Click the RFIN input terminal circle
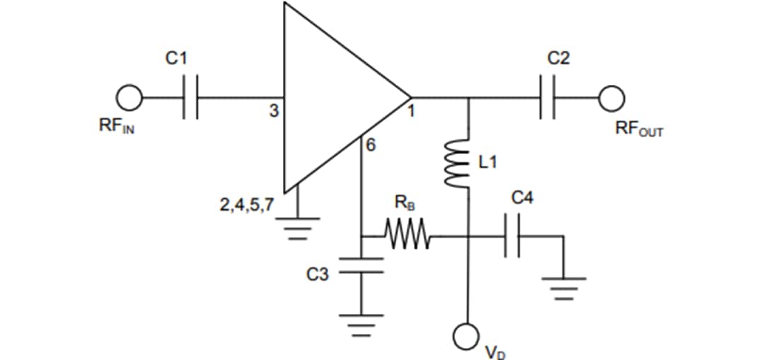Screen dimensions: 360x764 tap(131, 96)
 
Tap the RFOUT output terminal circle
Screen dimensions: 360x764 tap(613, 96)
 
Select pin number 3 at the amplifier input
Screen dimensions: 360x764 tap(274, 110)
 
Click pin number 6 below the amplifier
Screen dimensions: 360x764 tap(370, 146)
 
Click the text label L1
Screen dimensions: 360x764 tap(488, 163)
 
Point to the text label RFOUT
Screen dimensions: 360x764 tap(638, 129)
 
